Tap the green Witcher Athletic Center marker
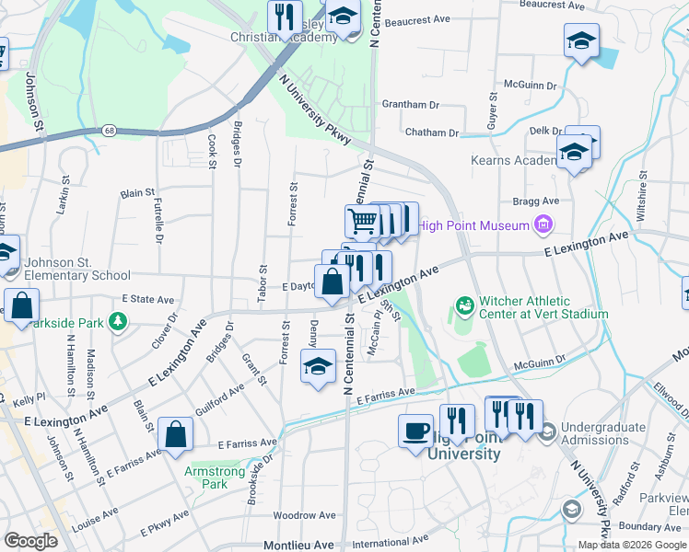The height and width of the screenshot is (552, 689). pyautogui.click(x=464, y=305)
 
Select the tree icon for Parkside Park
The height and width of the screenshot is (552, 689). pyautogui.click(x=117, y=321)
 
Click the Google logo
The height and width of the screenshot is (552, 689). pyautogui.click(x=29, y=541)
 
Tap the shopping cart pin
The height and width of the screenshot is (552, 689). pyautogui.click(x=362, y=221)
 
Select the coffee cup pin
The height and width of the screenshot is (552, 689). pyautogui.click(x=415, y=431)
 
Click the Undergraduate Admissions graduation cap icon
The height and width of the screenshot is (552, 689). pyautogui.click(x=546, y=431)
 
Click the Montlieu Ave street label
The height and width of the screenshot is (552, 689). pyautogui.click(x=298, y=545)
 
